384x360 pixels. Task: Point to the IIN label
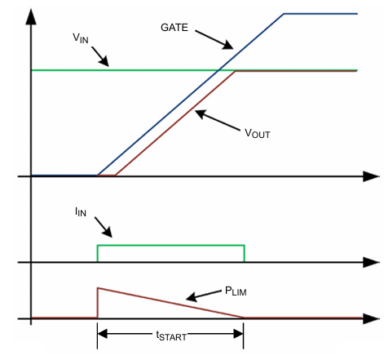pyautogui.click(x=80, y=211)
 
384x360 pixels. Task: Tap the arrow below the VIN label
pyautogui.click(x=101, y=56)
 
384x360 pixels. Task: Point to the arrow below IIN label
pyautogui.click(x=101, y=228)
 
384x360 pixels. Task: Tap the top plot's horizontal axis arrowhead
pyautogui.click(x=372, y=176)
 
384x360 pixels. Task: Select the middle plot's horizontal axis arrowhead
pyautogui.click(x=372, y=262)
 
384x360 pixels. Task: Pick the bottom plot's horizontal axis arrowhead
pyautogui.click(x=372, y=317)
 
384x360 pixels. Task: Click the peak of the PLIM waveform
pyautogui.click(x=98, y=288)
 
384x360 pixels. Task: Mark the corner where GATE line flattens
pyautogui.click(x=284, y=14)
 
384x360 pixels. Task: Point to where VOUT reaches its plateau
pyautogui.click(x=236, y=72)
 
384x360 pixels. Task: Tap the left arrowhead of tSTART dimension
pyautogui.click(x=102, y=331)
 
